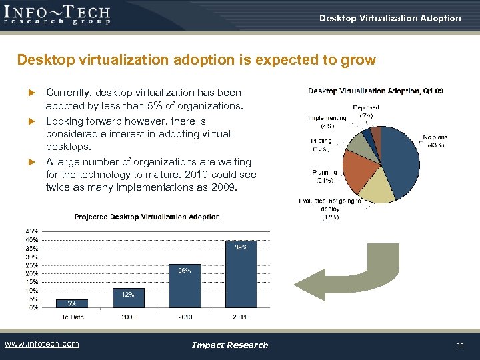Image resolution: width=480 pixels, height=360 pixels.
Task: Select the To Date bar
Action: coord(72,303)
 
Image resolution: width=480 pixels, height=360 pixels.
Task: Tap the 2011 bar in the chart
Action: coord(241,274)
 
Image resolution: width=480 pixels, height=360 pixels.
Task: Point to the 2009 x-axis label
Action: coord(128,317)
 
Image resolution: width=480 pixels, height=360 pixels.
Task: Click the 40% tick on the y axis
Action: coord(31,239)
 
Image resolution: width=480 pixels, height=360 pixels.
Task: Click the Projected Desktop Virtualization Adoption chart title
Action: coord(147,217)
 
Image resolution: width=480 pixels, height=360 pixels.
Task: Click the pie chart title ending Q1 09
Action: coord(375,91)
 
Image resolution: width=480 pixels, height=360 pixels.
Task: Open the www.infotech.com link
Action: coord(41,344)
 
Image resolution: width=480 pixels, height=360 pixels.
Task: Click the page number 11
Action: coord(460,345)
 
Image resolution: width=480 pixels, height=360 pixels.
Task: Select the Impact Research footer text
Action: coord(229,345)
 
